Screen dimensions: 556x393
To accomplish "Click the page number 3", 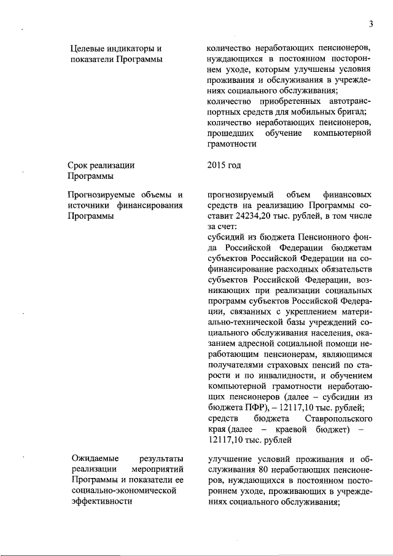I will point(371,24).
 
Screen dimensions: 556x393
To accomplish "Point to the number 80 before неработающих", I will point(265,469).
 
